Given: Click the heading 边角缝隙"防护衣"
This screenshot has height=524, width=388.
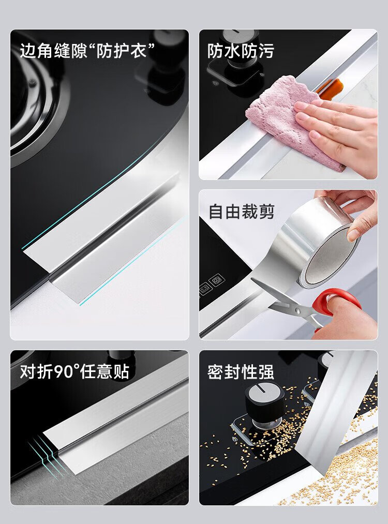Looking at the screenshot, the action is (x=87, y=51).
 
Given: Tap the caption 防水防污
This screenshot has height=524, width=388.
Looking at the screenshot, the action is (x=241, y=51).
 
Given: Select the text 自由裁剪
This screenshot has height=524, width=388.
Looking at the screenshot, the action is (x=241, y=212).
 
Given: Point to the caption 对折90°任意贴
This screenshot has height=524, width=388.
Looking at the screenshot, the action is (x=74, y=371).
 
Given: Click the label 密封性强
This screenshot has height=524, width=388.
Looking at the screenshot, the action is (x=241, y=372).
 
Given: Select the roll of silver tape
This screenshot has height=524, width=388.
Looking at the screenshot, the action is (x=318, y=244).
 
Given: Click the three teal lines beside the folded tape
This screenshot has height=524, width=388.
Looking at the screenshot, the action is (x=47, y=455).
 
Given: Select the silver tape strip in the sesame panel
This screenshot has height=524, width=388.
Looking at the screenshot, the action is (x=334, y=411).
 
